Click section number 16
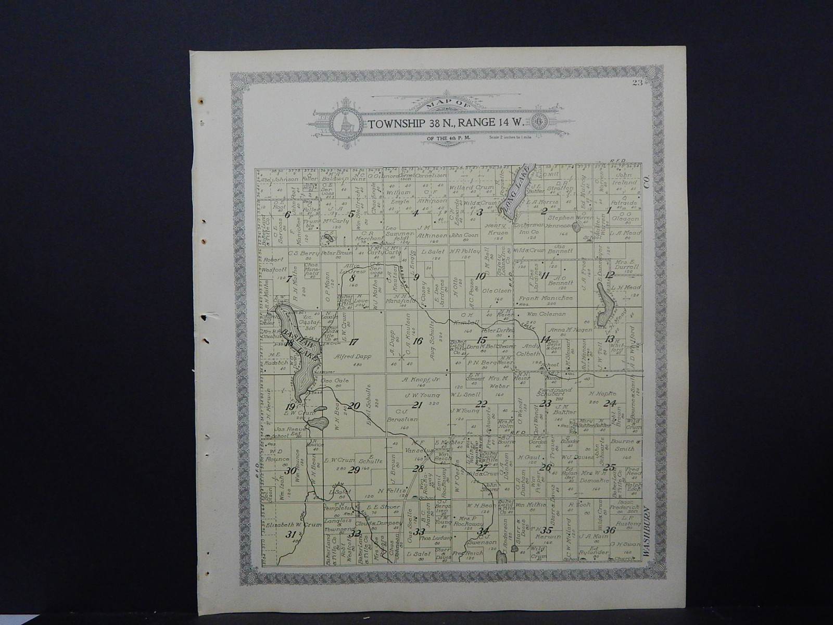point(418,342)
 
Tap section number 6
point(287,215)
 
